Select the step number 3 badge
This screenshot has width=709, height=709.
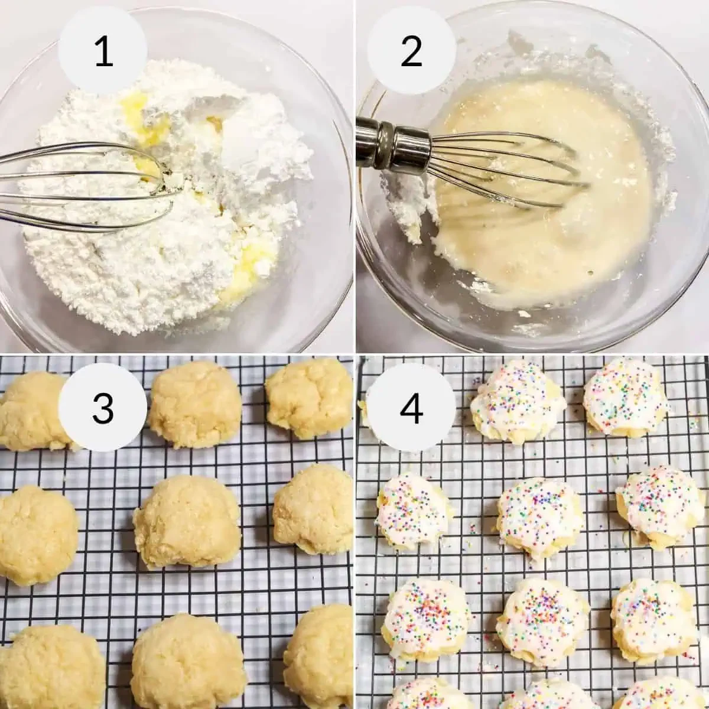[x=103, y=407]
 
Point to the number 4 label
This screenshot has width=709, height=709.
[x=412, y=407]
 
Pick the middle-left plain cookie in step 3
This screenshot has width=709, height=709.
[x=35, y=535]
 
